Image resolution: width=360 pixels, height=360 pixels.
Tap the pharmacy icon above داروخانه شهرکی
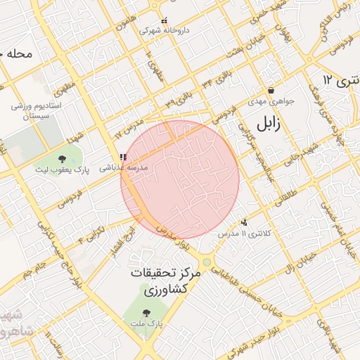coord(165,20)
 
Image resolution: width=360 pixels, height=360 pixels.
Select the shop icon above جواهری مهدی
coord(271,90)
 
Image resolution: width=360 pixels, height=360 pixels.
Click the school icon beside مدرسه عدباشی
coord(124,157)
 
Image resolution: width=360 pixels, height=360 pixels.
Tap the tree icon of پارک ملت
coord(146,313)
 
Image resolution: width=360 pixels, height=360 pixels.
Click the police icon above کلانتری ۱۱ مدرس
coord(244,222)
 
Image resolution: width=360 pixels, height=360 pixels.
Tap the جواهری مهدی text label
coord(271,101)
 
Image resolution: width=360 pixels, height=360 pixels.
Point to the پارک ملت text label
coord(146,323)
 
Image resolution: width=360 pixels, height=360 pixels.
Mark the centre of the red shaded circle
coord(180,179)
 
